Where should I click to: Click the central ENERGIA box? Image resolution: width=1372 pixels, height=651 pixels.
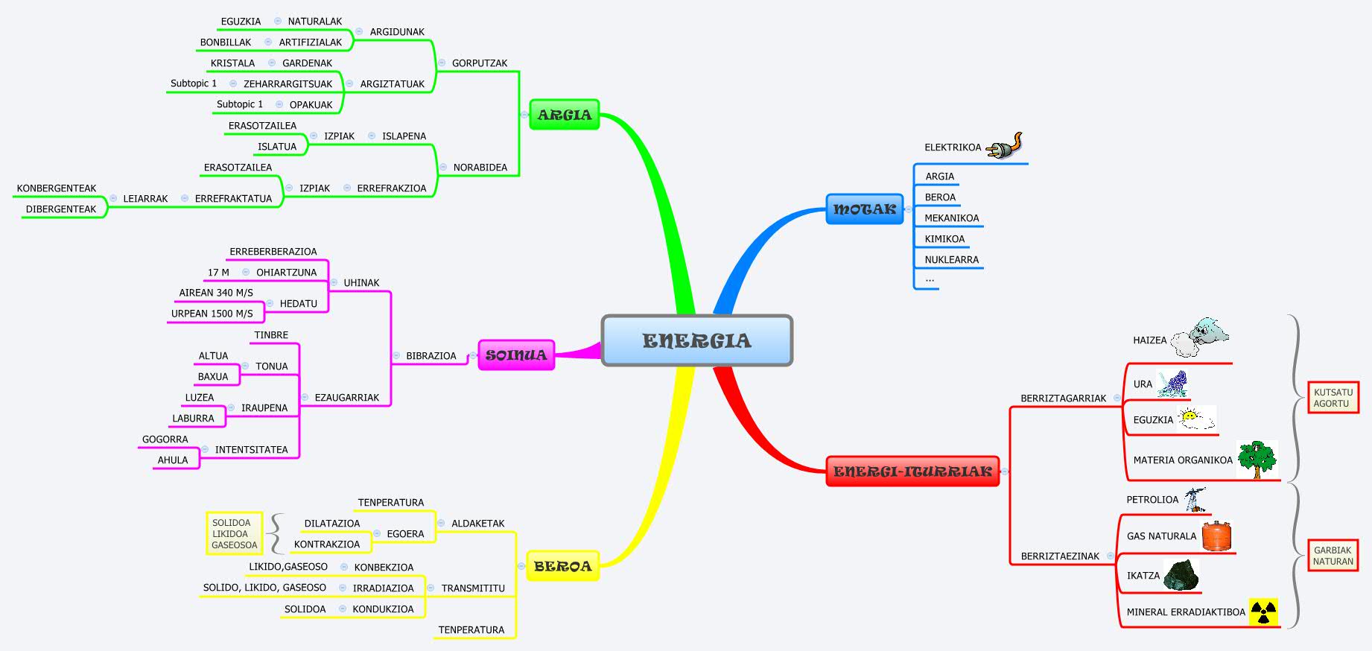coord(696,340)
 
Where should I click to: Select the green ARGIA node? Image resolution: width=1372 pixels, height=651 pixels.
coord(564,115)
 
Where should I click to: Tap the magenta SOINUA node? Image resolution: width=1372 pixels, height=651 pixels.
coord(515,355)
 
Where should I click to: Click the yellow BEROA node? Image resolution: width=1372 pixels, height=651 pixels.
coord(562,566)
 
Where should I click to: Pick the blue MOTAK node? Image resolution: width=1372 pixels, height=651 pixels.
coord(864,209)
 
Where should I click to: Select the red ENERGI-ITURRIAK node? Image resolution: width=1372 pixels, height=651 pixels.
coord(912,471)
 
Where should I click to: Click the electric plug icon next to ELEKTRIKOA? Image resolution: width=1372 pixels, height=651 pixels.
coord(1005,146)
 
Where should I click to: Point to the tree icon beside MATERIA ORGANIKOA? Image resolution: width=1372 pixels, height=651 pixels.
coord(1257,459)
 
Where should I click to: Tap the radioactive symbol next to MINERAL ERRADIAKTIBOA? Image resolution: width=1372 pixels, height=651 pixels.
coord(1263,612)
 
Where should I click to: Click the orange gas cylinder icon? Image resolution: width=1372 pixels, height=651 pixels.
coord(1216,536)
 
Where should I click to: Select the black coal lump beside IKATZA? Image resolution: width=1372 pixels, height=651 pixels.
coord(1181,575)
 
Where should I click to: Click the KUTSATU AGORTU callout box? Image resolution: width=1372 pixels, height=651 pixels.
coord(1333,398)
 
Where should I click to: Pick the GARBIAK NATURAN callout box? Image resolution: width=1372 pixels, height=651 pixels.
coord(1333,556)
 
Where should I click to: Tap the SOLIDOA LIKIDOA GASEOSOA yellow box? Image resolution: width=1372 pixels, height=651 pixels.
coord(234,533)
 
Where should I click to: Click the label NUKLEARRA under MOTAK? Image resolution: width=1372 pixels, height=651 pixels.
coord(951,260)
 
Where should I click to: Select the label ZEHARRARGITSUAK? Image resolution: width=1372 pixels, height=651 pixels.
coord(288,84)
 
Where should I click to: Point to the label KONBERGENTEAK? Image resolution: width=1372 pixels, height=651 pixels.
coord(57,188)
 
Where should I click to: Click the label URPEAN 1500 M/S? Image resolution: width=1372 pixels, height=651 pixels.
coord(212,314)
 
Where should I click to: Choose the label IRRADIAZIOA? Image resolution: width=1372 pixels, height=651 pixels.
coord(383,588)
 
